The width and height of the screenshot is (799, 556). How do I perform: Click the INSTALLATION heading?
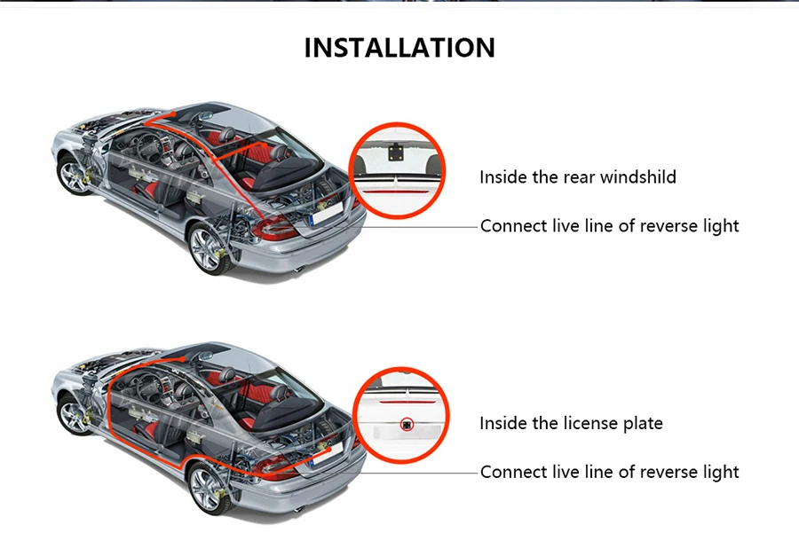(399, 47)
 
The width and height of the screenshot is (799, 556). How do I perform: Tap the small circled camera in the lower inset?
(407, 424)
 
